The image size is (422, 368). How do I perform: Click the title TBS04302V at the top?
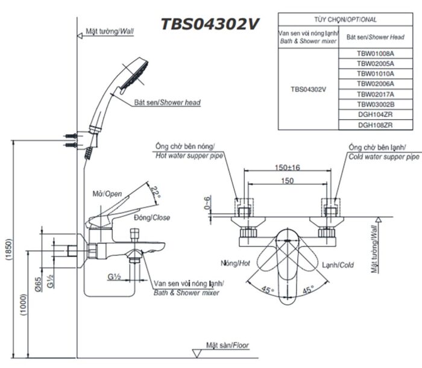pyautogui.click(x=210, y=23)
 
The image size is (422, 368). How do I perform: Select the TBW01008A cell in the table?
pyautogui.click(x=375, y=53)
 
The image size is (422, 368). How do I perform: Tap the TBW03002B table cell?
pyautogui.click(x=375, y=104)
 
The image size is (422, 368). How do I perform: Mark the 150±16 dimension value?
pyautogui.click(x=286, y=167)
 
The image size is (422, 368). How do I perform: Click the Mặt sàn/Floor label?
pyautogui.click(x=227, y=346)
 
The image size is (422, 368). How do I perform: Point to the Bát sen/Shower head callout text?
pyautogui.click(x=160, y=103)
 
